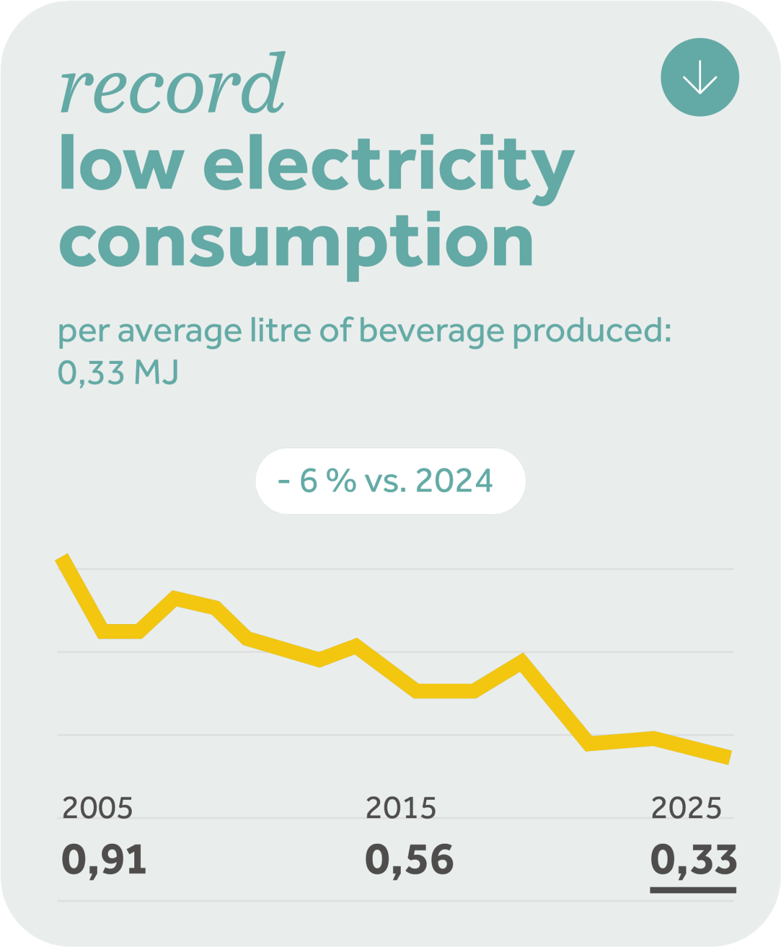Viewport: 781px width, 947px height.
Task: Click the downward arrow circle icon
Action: (x=699, y=77)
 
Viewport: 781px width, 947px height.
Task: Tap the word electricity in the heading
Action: (x=389, y=169)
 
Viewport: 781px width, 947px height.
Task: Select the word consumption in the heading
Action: (x=296, y=245)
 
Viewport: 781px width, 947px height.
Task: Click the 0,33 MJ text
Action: (x=118, y=372)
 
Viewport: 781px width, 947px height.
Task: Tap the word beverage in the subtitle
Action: (x=431, y=332)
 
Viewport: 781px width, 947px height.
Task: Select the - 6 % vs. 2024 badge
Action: (x=390, y=481)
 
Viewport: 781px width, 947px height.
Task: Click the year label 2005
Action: (x=98, y=808)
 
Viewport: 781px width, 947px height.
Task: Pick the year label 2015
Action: (x=401, y=808)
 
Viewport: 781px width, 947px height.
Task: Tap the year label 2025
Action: (x=686, y=808)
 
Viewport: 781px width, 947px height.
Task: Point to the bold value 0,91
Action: (x=104, y=860)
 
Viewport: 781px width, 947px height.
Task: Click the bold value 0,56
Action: (x=409, y=860)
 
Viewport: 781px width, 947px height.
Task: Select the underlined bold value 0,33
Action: (x=694, y=860)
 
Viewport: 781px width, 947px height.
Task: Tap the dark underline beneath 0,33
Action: (x=693, y=890)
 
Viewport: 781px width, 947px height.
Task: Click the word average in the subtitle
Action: (x=179, y=332)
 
